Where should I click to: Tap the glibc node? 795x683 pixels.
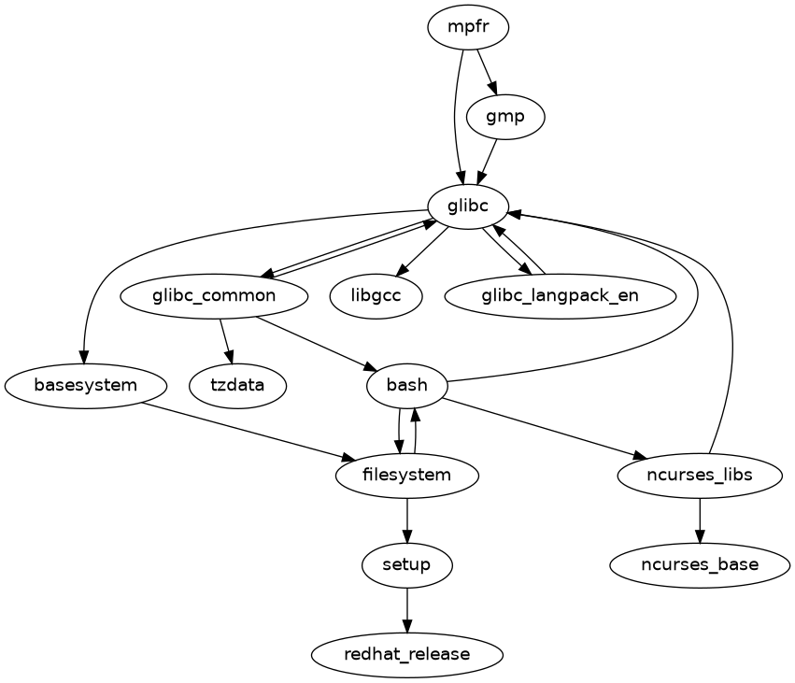tap(468, 206)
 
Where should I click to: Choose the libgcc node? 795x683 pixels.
tap(376, 296)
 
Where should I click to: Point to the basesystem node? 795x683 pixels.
tap(85, 385)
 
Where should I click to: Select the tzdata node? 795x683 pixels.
tap(237, 385)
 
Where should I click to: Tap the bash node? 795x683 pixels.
tap(406, 385)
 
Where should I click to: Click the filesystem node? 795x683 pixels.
tap(406, 475)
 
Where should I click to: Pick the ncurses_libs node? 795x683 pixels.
tap(699, 475)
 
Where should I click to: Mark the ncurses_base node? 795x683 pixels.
tap(699, 564)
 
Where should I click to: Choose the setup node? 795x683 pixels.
tap(406, 564)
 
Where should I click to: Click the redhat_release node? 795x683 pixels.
tap(406, 654)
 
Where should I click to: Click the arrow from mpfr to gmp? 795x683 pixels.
tap(485, 73)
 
